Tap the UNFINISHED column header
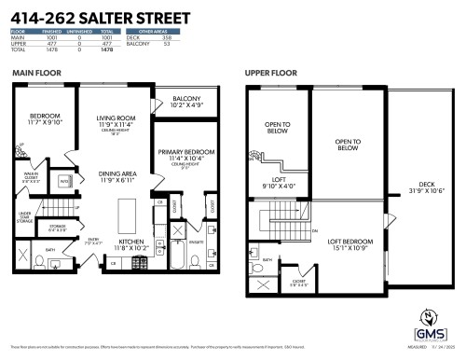pos(73,32)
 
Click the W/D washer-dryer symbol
pos(65,181)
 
